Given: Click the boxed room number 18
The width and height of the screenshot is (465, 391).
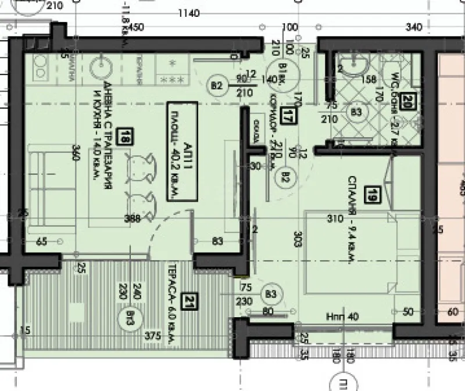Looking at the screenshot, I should [x=126, y=137].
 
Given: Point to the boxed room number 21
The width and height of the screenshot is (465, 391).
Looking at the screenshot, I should [x=188, y=301].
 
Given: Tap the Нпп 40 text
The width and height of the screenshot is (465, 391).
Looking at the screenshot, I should [x=344, y=316].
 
